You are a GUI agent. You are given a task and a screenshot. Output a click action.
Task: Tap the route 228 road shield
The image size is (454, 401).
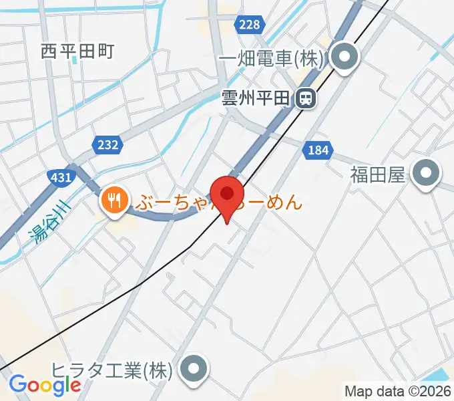(x=248, y=24)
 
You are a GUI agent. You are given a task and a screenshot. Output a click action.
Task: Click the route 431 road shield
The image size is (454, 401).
(x=61, y=177)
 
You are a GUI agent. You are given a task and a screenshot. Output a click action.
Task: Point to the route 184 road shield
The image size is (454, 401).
(x=318, y=150)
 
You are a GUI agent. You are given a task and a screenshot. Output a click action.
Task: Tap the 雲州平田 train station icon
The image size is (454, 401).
(x=306, y=99)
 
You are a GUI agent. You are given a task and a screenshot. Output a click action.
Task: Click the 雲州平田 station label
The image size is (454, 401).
(x=256, y=99)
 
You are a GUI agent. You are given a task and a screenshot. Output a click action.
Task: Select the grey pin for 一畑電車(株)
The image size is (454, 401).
(x=345, y=59)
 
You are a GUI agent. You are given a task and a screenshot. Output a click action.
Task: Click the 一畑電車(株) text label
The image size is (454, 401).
(x=270, y=59)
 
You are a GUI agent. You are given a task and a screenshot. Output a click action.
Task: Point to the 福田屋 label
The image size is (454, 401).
(x=378, y=175)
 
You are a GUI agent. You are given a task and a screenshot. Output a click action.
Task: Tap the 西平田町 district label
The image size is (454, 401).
(x=77, y=49)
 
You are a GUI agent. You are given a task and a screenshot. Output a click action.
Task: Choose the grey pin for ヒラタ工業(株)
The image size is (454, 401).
(x=194, y=370)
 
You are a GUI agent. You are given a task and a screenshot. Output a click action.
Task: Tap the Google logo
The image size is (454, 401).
(x=45, y=384)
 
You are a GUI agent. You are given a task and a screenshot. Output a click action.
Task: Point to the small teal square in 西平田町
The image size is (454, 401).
(x=75, y=59)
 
